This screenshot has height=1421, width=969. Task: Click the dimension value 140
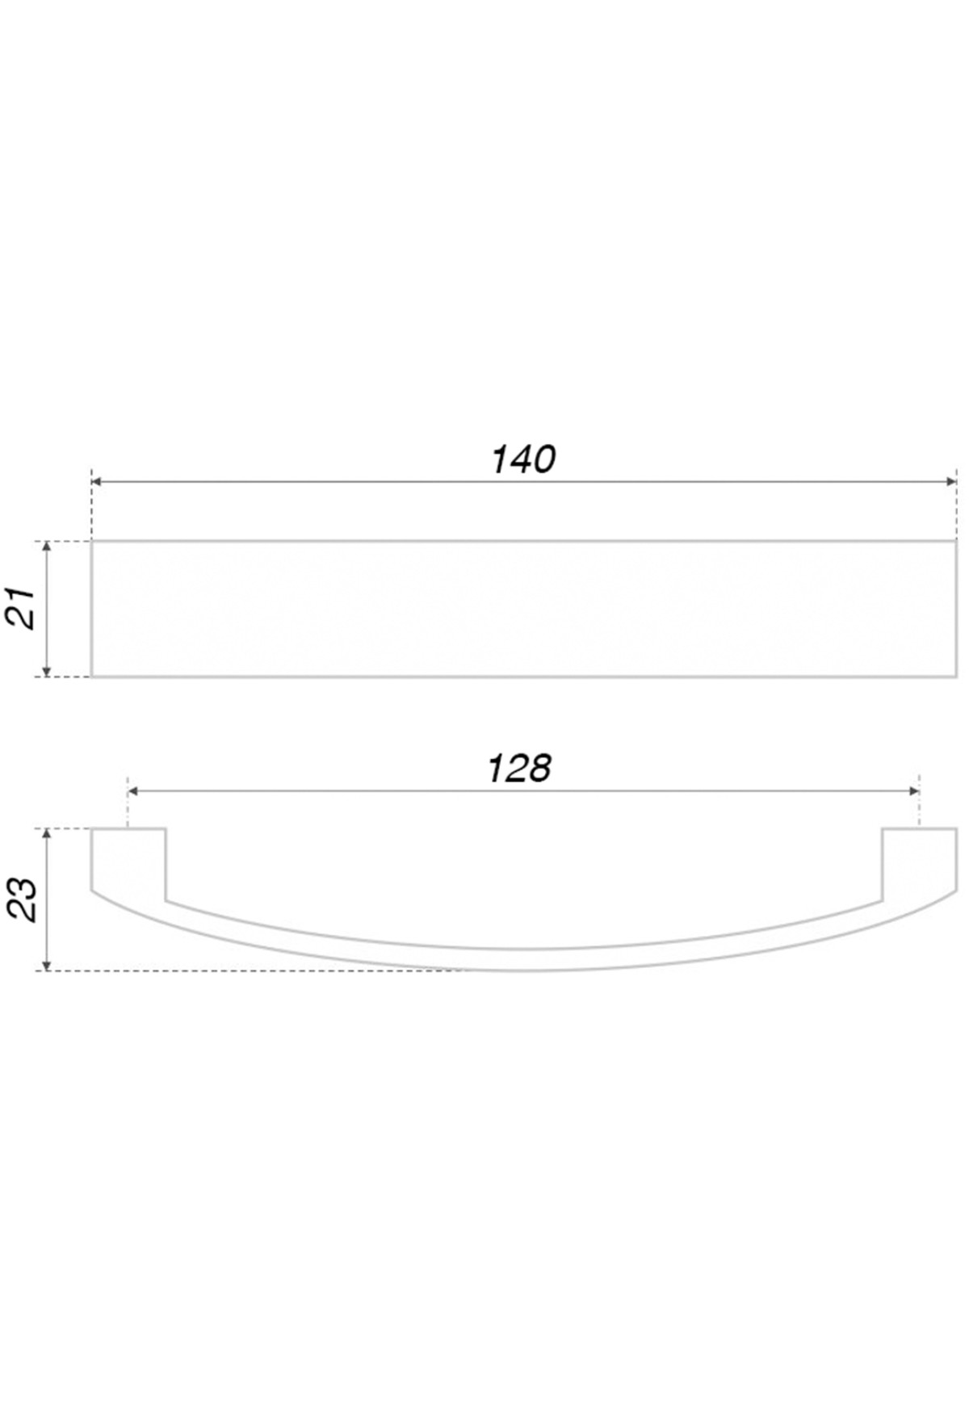tap(523, 460)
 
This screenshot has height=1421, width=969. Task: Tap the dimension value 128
tap(519, 769)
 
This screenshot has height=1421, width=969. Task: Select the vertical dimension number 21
tap(22, 608)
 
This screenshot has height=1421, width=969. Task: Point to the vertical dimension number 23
tap(22, 899)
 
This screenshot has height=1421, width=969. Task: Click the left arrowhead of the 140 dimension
tap(97, 481)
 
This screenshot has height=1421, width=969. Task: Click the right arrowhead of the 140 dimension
tap(950, 481)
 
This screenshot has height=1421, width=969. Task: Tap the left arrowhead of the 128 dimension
tap(134, 791)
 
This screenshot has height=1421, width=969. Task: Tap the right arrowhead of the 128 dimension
tap(913, 791)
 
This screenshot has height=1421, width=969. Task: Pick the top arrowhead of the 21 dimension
tap(47, 547)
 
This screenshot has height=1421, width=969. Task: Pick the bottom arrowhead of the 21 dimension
tap(47, 670)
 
